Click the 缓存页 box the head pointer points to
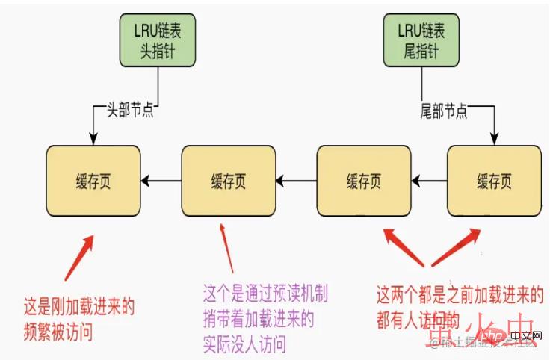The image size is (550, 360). (x=93, y=180)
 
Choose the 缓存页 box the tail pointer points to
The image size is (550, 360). (x=494, y=180)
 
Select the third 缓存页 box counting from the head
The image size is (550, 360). (x=363, y=180)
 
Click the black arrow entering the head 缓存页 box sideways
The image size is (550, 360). (x=161, y=180)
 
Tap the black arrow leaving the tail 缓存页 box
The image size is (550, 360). (x=429, y=180)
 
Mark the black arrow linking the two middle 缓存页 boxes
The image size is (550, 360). (x=296, y=180)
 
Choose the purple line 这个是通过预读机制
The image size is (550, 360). (x=265, y=292)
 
